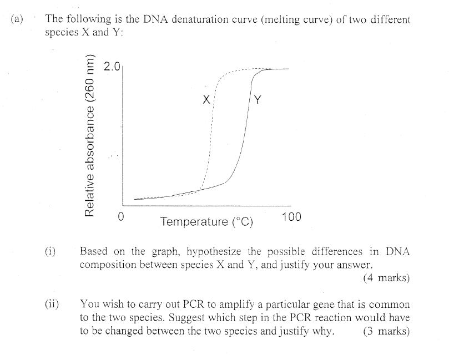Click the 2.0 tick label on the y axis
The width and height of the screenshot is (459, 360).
112,68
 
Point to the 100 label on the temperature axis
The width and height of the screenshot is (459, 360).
291,217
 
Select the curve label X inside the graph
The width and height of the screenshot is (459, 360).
206,100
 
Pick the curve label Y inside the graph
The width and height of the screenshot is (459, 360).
258,100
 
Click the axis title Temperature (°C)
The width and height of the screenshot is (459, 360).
206,222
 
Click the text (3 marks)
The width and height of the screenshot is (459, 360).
386,332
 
